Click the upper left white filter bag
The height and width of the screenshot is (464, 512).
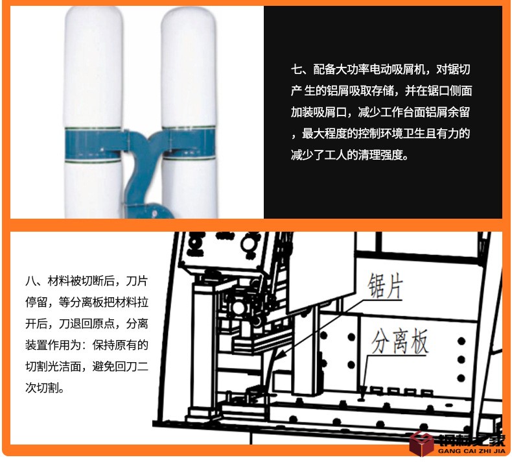pyautogui.click(x=93, y=67)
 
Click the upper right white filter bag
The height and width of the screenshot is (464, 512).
pyautogui.click(x=189, y=67)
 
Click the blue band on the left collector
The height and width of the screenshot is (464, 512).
pyautogui.click(x=94, y=144)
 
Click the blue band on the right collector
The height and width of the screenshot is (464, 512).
pyautogui.click(x=189, y=143)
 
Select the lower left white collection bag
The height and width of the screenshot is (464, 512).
pyautogui.click(x=93, y=189)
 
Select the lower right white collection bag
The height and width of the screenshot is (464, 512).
pyautogui.click(x=189, y=188)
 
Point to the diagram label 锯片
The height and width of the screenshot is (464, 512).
pyautogui.click(x=386, y=286)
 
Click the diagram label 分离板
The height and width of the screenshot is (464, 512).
pyautogui.click(x=400, y=341)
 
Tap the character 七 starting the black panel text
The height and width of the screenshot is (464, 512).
pyautogui.click(x=296, y=69)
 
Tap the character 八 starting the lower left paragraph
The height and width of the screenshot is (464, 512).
pyautogui.click(x=31, y=281)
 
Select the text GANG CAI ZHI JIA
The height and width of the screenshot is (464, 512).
pyautogui.click(x=472, y=451)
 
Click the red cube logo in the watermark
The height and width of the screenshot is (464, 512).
pyautogui.click(x=422, y=444)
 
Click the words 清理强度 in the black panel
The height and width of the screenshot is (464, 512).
pyautogui.click(x=380, y=154)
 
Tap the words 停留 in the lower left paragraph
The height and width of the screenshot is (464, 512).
pyautogui.click(x=36, y=302)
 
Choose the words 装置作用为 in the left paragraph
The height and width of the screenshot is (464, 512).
pyautogui.click(x=54, y=345)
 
